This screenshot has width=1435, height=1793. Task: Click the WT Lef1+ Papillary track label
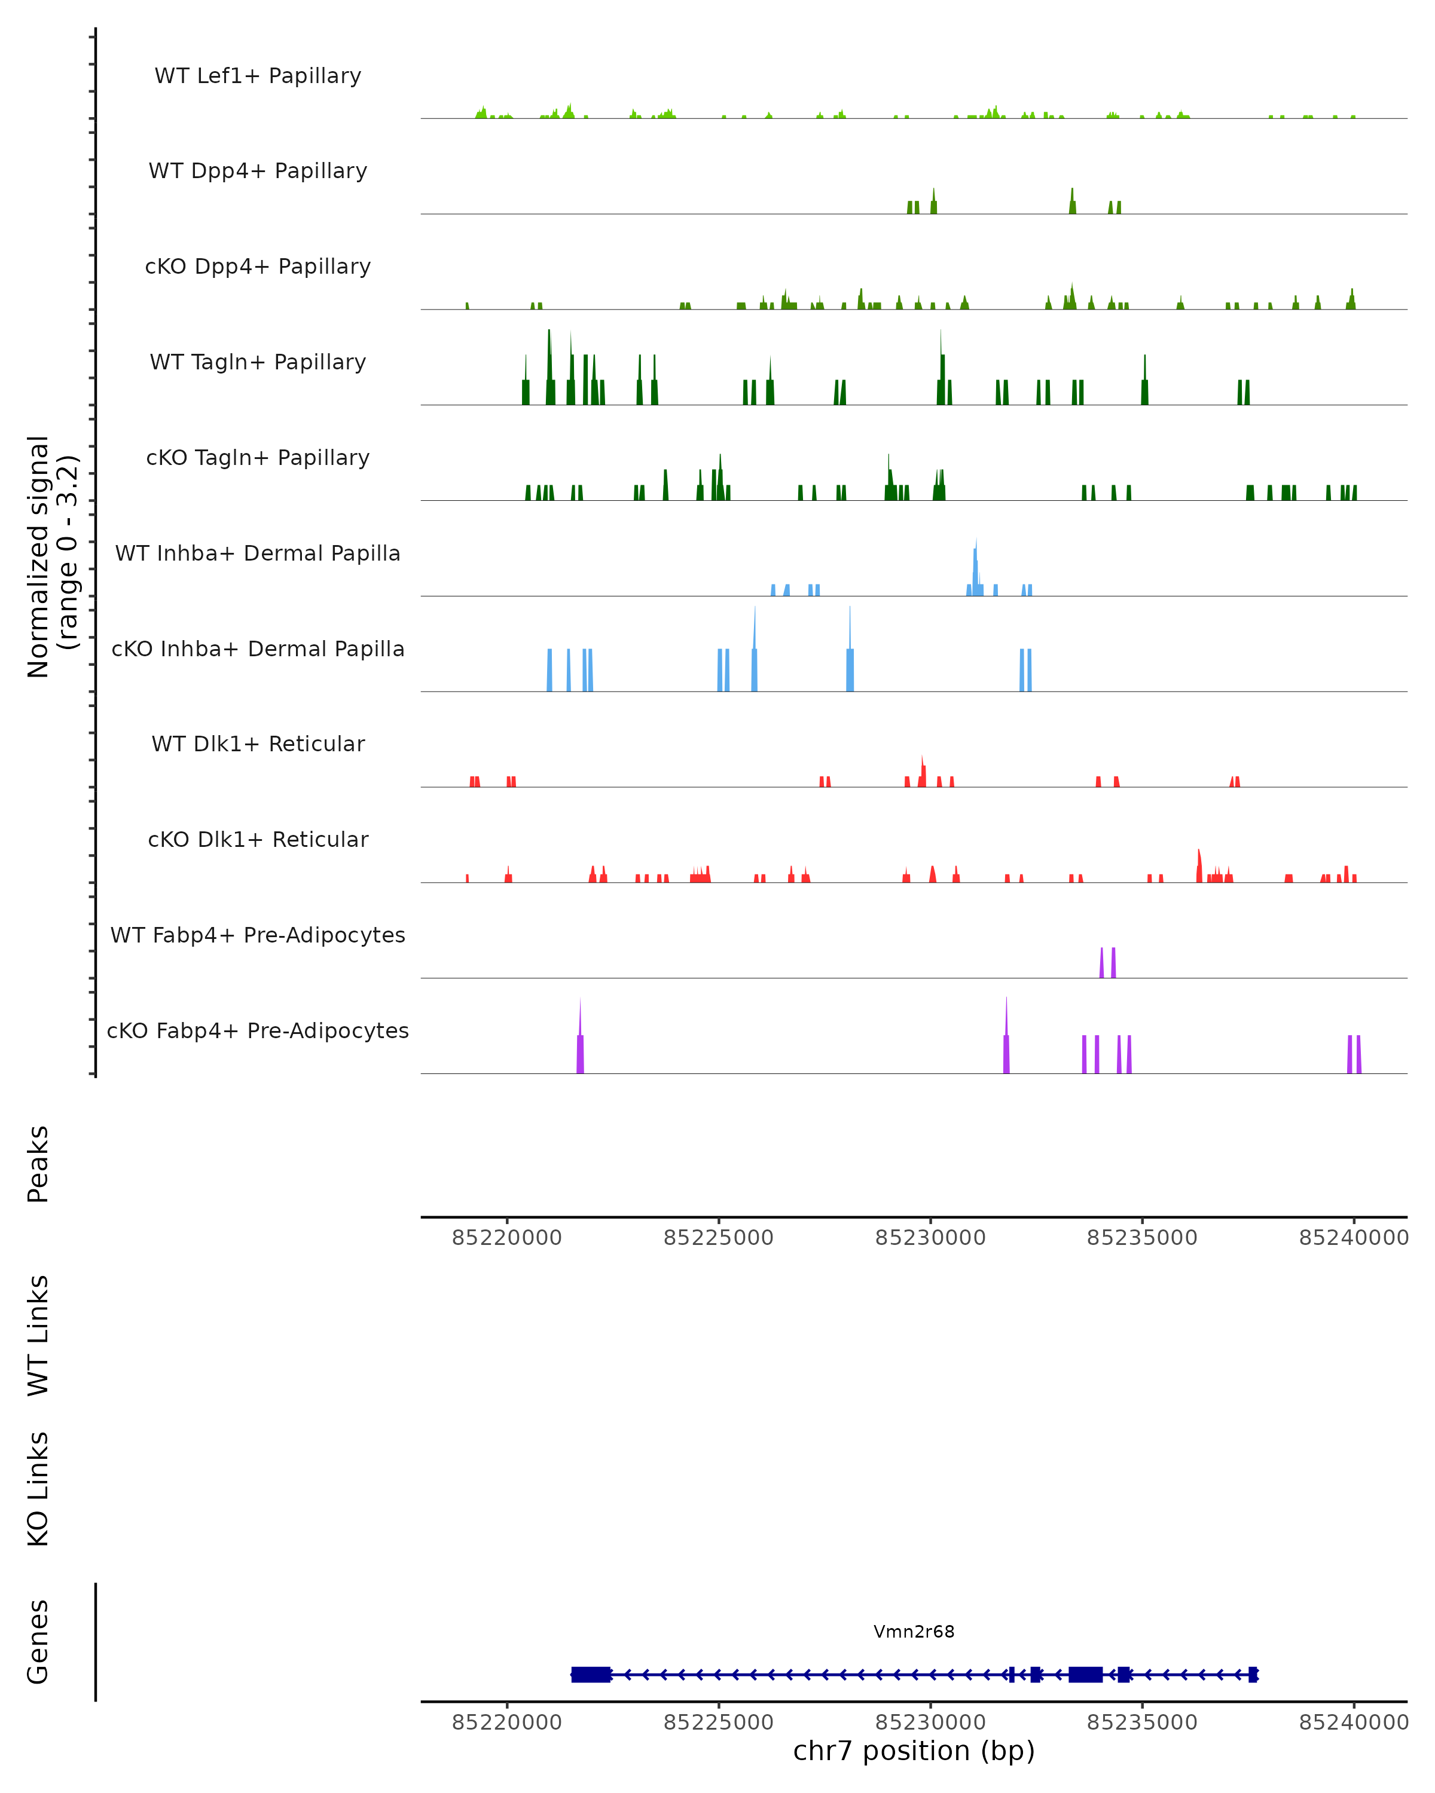pos(258,76)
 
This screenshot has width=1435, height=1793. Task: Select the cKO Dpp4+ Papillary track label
pos(258,266)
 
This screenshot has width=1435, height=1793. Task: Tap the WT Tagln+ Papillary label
pos(258,362)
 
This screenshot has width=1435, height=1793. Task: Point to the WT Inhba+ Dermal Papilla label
pos(258,553)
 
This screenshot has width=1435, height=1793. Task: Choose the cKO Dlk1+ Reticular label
pos(258,839)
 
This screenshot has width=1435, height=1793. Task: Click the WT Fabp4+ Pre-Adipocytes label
pos(258,935)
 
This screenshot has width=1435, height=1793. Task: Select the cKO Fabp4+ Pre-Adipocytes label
pos(258,1030)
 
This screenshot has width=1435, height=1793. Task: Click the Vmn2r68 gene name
pos(914,1631)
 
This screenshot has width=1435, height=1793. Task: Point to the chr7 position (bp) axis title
pos(914,1750)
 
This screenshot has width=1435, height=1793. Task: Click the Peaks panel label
pos(38,1164)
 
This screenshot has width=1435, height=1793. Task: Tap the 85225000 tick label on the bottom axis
pos(718,1721)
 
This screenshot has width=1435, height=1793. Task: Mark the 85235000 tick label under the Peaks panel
pos(1141,1238)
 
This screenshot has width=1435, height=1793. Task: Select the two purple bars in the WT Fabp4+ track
pos(1107,963)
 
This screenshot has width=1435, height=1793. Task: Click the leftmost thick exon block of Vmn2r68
pos(591,1674)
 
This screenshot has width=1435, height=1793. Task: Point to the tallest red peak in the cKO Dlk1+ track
pos(1199,865)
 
